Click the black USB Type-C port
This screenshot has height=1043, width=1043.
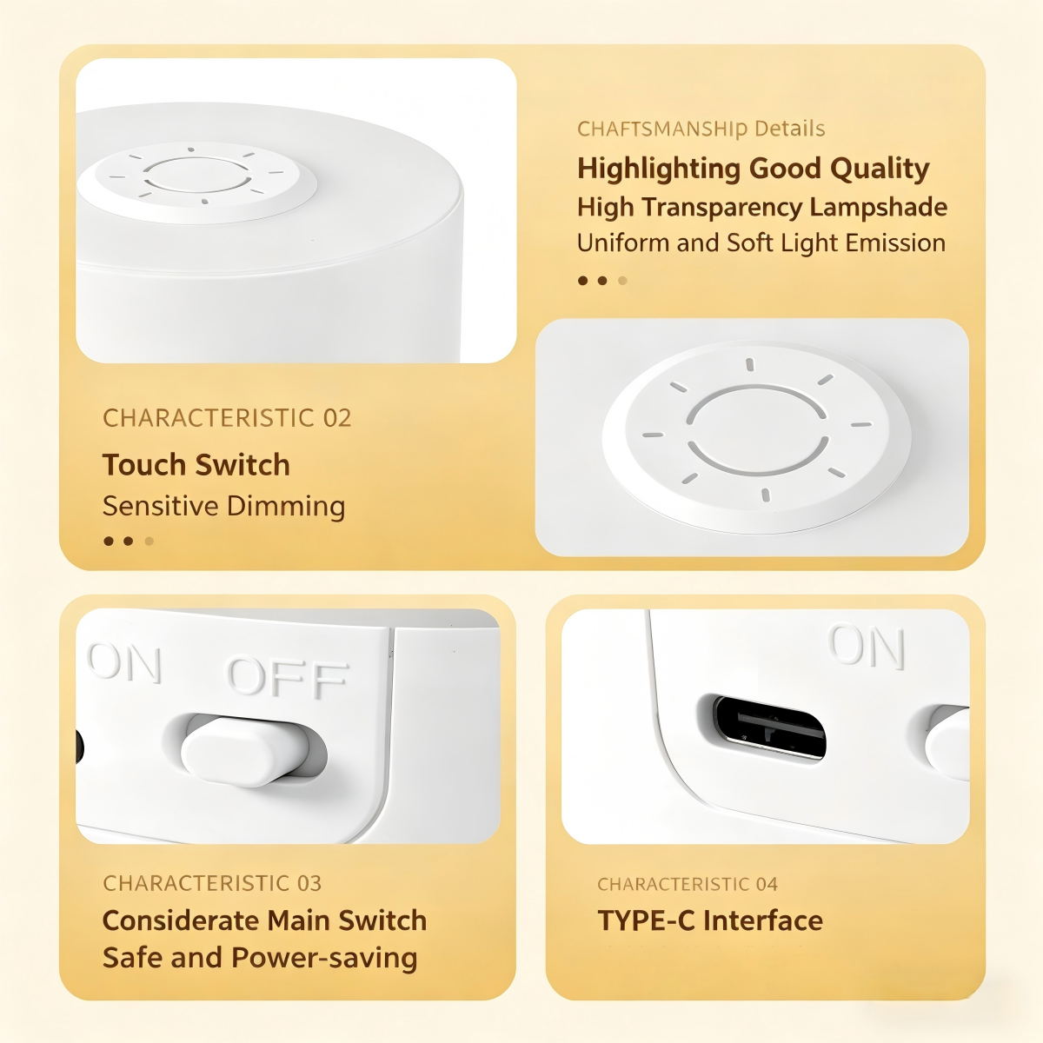pyautogui.click(x=770, y=727)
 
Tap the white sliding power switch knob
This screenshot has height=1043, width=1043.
pyautogui.click(x=245, y=751)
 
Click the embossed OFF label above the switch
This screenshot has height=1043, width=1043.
pyautogui.click(x=287, y=676)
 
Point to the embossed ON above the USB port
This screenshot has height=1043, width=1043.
pyautogui.click(x=866, y=647)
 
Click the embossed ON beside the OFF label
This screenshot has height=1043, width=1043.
pyautogui.click(x=124, y=663)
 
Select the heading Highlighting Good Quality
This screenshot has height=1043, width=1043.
pyautogui.click(x=753, y=169)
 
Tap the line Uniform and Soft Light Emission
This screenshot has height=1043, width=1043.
pyautogui.click(x=761, y=243)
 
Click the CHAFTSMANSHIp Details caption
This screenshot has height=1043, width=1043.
pyautogui.click(x=701, y=129)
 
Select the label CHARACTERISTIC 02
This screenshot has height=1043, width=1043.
pyautogui.click(x=227, y=418)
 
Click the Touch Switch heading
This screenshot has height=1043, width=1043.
pyautogui.click(x=196, y=465)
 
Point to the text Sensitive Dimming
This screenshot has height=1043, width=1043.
pyautogui.click(x=223, y=507)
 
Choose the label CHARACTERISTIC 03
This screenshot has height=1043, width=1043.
pyautogui.click(x=212, y=883)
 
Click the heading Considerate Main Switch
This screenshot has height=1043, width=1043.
pyautogui.click(x=265, y=920)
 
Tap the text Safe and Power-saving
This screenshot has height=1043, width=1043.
pyautogui.click(x=260, y=958)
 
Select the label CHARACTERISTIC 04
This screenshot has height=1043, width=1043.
pyautogui.click(x=688, y=885)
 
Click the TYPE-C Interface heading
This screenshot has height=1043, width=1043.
pyautogui.click(x=710, y=920)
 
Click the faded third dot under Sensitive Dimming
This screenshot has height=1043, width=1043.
pyautogui.click(x=149, y=541)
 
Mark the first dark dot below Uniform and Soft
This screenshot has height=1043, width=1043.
pyautogui.click(x=583, y=281)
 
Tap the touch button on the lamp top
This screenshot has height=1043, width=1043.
pyautogui.click(x=197, y=183)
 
